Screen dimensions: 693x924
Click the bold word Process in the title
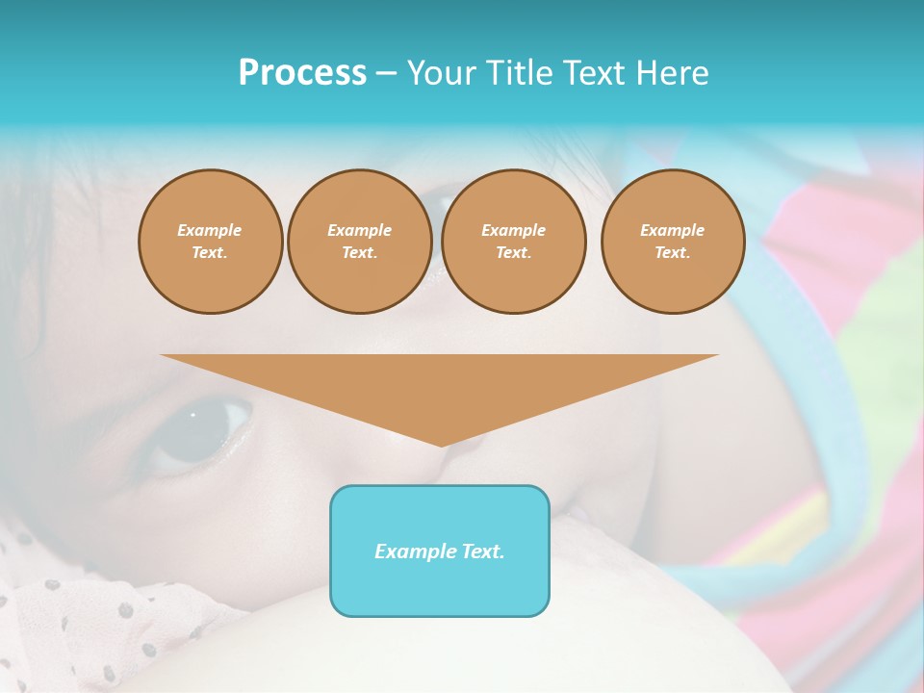pos(302,73)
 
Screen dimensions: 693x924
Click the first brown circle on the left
pos(211,242)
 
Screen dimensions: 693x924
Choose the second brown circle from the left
pos(360,242)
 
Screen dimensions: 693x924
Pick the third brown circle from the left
pos(514,242)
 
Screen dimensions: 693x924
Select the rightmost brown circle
pos(673,242)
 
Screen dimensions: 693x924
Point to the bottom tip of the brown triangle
pos(442,445)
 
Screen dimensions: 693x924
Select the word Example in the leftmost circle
pos(210,231)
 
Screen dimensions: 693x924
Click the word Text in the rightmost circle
pos(672,253)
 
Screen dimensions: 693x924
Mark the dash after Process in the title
pos(387,73)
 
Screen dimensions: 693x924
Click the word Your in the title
pos(441,73)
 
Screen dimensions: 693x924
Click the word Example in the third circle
pos(514,231)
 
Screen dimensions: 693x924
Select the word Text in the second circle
pos(359,253)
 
